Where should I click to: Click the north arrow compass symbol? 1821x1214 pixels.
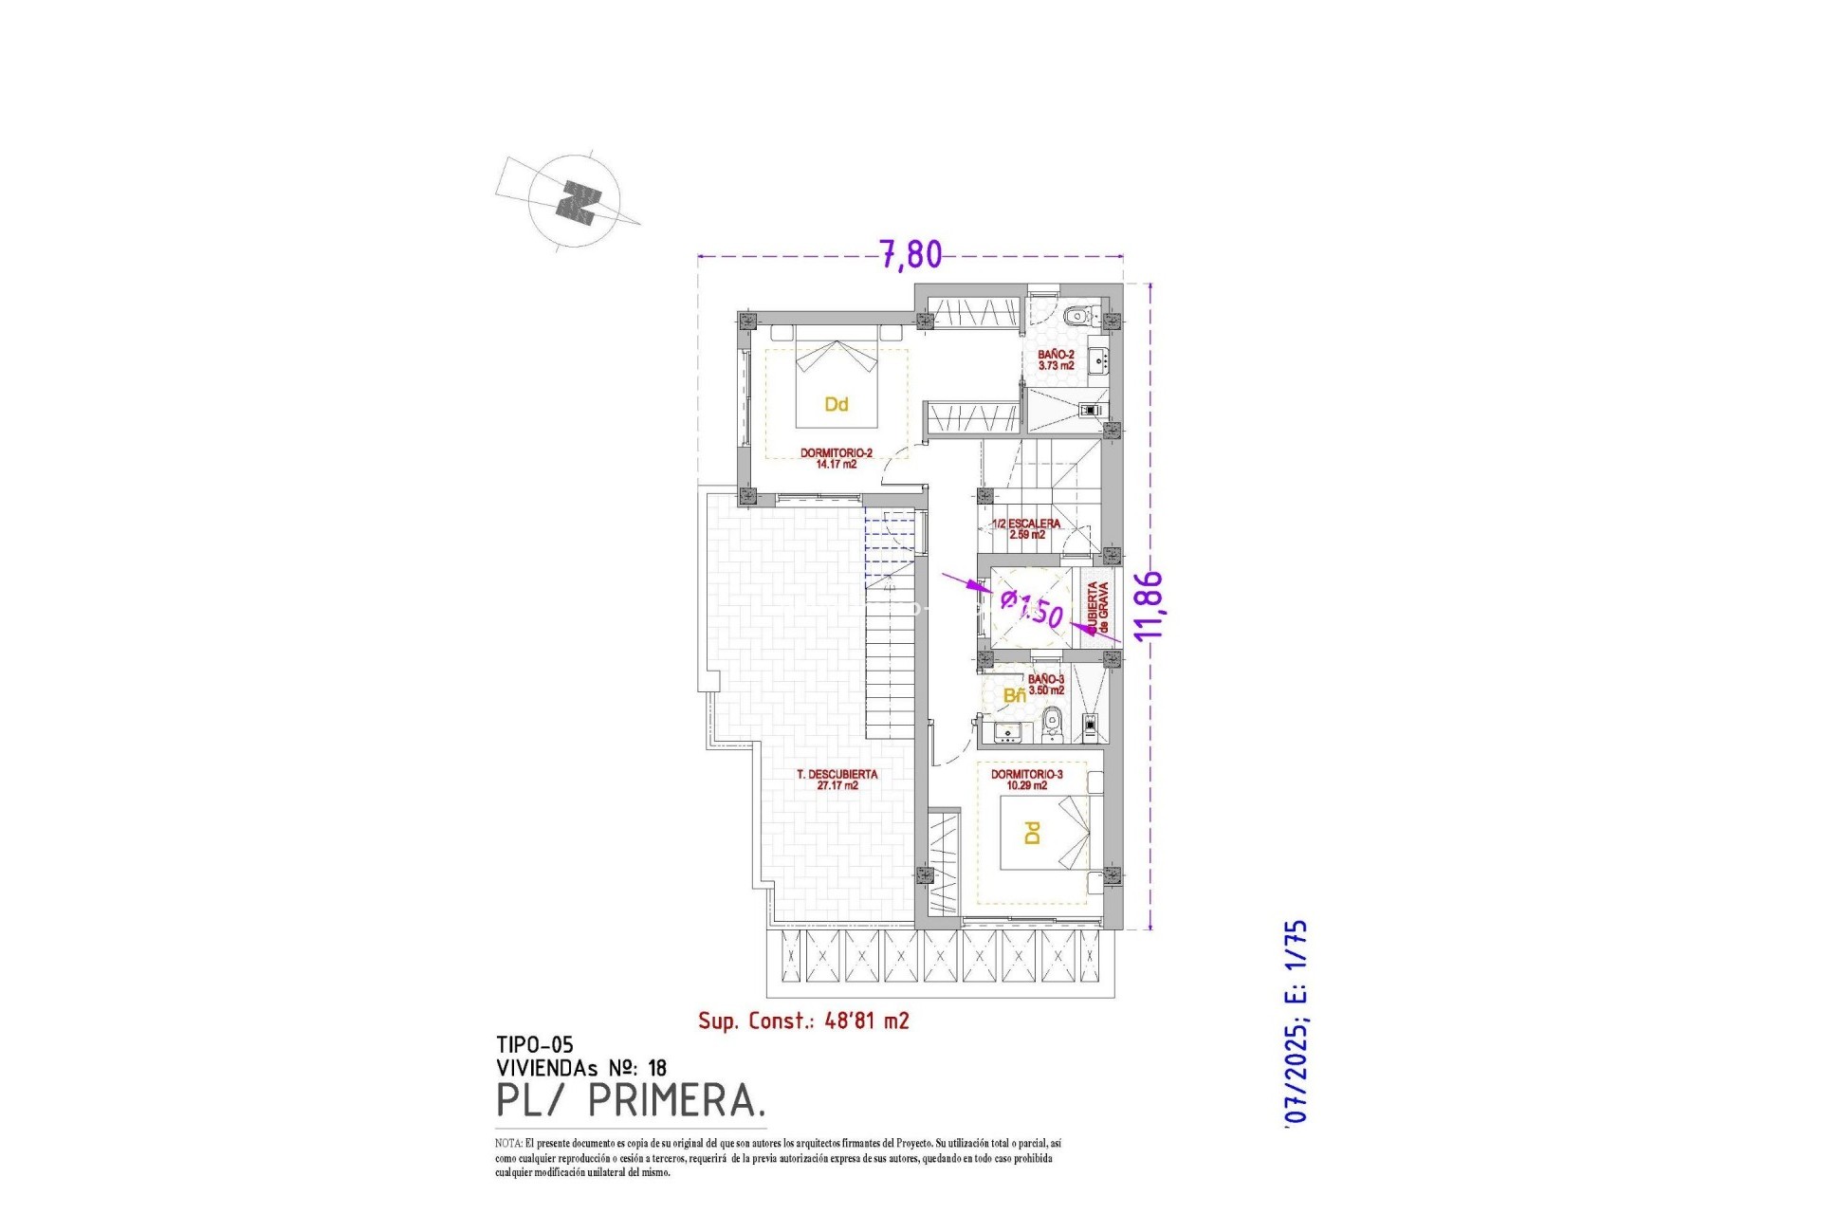pos(576,202)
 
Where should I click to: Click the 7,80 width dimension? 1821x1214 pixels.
pos(910,254)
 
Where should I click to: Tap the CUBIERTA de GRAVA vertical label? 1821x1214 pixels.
pos(1098,608)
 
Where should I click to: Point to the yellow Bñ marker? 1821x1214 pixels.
pos(1014,695)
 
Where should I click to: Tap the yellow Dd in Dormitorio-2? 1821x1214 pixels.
pos(836,405)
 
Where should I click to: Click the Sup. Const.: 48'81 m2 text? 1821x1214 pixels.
pos(803,1021)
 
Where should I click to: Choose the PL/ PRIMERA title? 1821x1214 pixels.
pos(630,1101)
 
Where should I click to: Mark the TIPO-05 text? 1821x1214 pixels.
pos(534,1045)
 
